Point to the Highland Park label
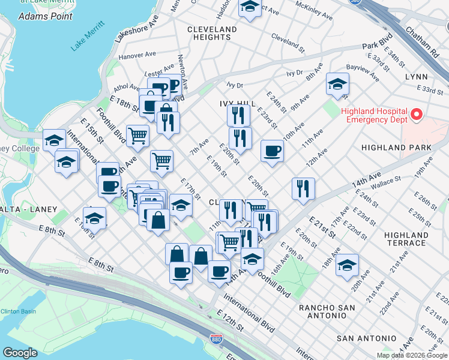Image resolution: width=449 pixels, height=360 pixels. point(396,147)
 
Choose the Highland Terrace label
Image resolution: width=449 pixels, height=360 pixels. point(406,239)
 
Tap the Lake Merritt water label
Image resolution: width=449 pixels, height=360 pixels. point(87,35)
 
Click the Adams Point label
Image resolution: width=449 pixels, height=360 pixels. point(41,16)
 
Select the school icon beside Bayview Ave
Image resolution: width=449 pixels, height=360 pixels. point(338,84)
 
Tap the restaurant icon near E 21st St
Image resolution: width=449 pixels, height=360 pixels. point(303,188)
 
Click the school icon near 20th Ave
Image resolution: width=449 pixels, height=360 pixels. point(347,265)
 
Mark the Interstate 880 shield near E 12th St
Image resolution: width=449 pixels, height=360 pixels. point(216,340)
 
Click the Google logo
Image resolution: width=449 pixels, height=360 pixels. point(20,352)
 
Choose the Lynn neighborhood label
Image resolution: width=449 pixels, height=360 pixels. point(416,77)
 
